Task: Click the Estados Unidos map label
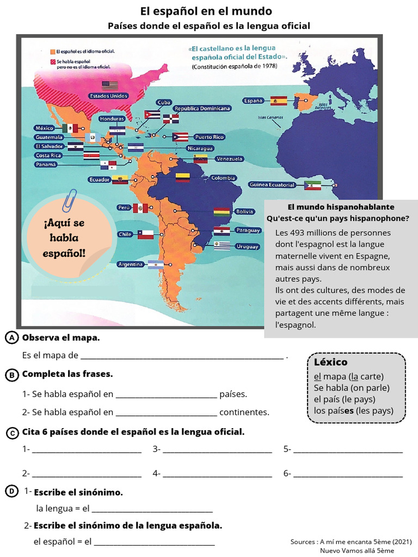tap(109, 96)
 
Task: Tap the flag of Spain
tap(279, 101)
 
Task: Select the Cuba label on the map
tap(164, 102)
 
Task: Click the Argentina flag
tap(156, 264)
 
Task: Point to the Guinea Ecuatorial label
tap(272, 184)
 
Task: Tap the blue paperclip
tap(70, 200)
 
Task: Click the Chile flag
tap(145, 234)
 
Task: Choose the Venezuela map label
tap(229, 159)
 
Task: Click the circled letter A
tap(11, 338)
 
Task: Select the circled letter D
tap(11, 491)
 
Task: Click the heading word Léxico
tap(330, 362)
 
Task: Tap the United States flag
tap(110, 85)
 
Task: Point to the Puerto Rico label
tap(210, 137)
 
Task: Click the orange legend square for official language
tap(53, 51)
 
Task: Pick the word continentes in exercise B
tap(244, 412)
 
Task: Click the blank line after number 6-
tap(348, 474)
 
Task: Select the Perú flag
tap(140, 208)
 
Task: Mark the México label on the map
tap(45, 128)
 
